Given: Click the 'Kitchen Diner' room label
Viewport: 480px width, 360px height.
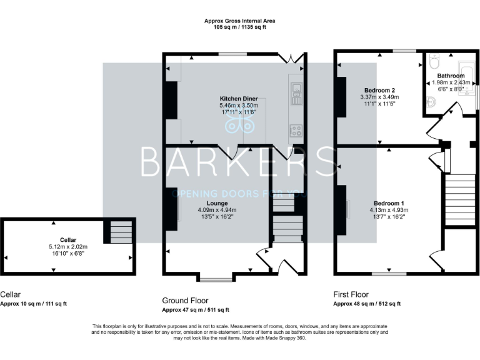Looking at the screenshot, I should click(238, 99).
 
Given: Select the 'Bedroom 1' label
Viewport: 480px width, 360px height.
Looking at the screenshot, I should click(389, 204).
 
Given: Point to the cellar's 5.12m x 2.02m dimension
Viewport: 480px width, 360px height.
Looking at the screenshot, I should click(68, 246).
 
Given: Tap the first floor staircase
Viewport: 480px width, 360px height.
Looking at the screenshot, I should click(459, 199).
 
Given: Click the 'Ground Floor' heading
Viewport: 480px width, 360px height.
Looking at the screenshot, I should click(185, 301).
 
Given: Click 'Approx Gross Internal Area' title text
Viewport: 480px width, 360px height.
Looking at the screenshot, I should click(240, 21).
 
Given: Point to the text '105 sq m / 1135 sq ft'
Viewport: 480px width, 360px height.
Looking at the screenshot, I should click(240, 28).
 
